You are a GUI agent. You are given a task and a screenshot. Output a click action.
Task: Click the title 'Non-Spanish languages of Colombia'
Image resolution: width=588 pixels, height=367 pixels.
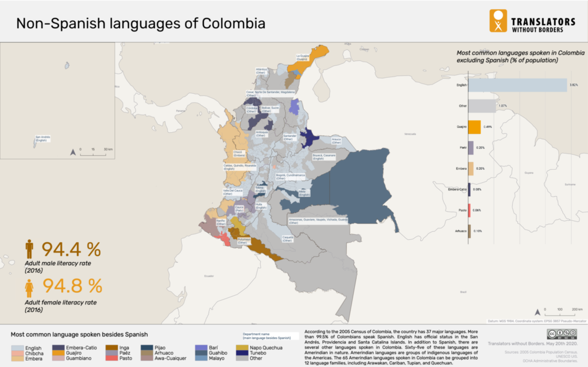pyautogui.click(x=140, y=24)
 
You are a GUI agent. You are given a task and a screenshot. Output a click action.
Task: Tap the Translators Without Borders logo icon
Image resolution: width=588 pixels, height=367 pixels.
pyautogui.click(x=497, y=21)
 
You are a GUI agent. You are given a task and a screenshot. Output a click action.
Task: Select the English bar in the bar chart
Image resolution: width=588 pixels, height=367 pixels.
pyautogui.click(x=517, y=85)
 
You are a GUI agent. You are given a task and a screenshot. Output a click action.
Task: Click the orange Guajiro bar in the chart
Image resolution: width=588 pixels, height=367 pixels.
pyautogui.click(x=475, y=127)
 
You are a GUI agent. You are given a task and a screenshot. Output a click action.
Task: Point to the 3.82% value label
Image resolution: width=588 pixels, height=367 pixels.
pyautogui.click(x=572, y=85)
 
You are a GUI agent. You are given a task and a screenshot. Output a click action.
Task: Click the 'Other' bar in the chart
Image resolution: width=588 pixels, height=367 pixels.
pyautogui.click(x=482, y=106)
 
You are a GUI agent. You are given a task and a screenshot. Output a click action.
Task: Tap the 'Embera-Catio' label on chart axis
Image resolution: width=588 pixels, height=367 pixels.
pyautogui.click(x=457, y=189)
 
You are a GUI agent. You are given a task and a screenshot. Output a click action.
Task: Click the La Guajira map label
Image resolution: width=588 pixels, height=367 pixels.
pyautogui.click(x=303, y=57)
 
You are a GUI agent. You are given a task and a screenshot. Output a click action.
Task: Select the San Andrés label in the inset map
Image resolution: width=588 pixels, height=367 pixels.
pyautogui.click(x=42, y=138)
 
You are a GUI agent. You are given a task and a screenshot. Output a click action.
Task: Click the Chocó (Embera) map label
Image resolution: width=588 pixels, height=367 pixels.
pyautogui.click(x=239, y=154)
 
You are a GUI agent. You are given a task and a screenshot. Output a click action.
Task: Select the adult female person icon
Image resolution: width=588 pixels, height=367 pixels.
pyautogui.click(x=29, y=288)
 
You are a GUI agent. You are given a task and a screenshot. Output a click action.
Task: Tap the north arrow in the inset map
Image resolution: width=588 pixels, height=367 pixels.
pyautogui.click(x=73, y=152)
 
